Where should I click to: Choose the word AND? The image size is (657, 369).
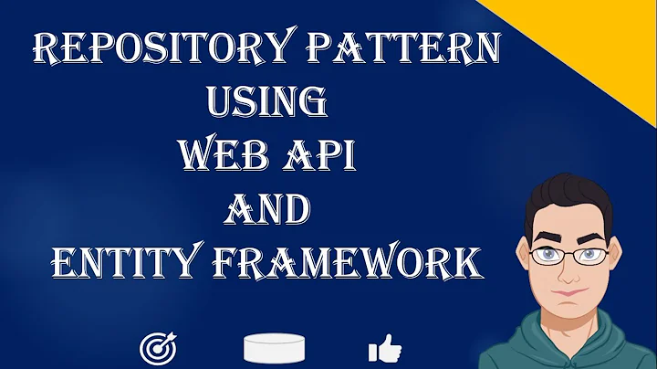(x=267, y=210)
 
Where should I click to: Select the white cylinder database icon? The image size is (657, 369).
(x=274, y=348)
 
